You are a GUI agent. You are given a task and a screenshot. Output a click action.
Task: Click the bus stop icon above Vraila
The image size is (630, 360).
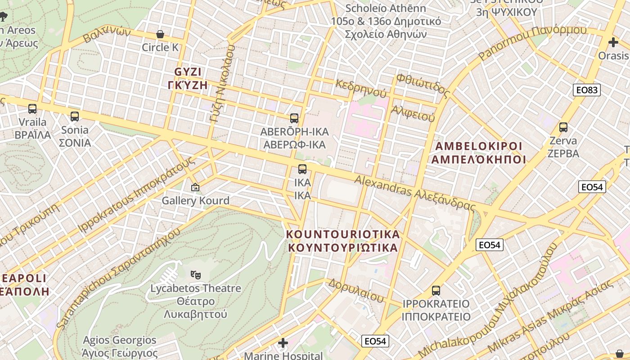pos(32,109)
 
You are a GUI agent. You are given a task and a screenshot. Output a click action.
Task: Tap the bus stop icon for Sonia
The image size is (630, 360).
pos(75,117)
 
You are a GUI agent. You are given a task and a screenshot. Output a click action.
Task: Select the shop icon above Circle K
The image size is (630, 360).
pos(160,34)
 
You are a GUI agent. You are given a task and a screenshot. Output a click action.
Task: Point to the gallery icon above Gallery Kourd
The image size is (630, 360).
pos(195,187)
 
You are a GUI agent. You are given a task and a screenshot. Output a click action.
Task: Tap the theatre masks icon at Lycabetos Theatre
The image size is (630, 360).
pos(195,274)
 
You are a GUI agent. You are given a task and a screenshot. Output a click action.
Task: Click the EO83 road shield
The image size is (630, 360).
pos(587,90)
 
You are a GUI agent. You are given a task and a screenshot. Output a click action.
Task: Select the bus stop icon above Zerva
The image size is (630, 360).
pos(563,127)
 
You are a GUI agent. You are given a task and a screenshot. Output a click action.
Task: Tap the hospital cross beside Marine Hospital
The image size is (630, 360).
pos(283,343)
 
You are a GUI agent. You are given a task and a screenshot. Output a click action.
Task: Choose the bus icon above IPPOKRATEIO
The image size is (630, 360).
pos(436,290)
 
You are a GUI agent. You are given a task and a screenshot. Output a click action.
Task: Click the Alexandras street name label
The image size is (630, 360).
pos(415,193)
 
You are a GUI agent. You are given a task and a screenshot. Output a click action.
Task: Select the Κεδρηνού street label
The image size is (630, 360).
pos(361,88)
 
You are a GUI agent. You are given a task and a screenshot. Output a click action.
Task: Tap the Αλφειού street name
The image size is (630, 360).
pos(413,114)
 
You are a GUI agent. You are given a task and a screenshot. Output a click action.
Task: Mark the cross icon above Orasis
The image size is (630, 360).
pos(613,42)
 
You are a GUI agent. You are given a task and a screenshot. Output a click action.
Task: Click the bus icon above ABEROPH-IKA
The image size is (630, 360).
pos(294,118)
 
